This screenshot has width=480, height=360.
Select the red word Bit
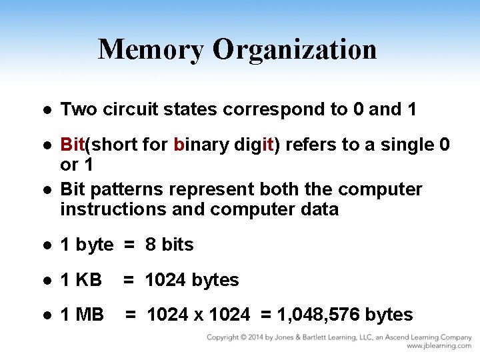(73, 145)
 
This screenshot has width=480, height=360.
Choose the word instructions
(111, 209)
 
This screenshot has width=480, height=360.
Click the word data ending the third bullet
(319, 209)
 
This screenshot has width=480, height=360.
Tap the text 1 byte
(87, 245)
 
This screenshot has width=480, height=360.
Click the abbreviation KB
(89, 280)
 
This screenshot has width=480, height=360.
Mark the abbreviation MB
(90, 315)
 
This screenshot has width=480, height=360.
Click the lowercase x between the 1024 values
(199, 315)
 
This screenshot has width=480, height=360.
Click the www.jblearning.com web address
(439, 347)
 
